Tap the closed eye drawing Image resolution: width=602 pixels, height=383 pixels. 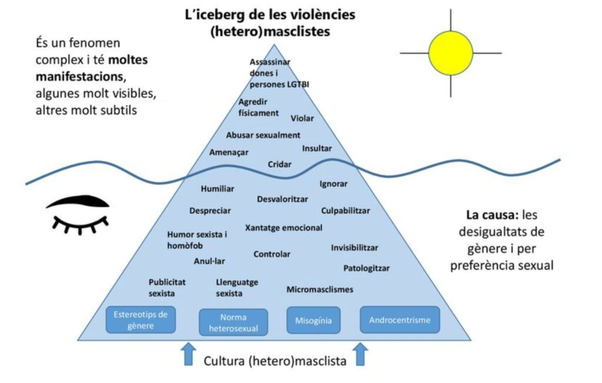click(x=78, y=214)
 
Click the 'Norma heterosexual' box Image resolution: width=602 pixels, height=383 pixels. click(x=233, y=322)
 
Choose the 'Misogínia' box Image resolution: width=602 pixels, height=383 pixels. click(x=313, y=321)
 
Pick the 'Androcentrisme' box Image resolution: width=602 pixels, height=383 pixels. click(x=399, y=320)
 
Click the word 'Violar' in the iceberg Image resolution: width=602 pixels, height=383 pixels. click(x=302, y=119)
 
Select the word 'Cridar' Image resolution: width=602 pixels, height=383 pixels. click(x=279, y=164)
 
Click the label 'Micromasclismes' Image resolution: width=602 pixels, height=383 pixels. click(x=320, y=289)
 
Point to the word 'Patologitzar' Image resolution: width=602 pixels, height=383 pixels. click(x=366, y=268)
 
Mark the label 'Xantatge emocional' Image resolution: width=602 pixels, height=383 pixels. click(x=283, y=227)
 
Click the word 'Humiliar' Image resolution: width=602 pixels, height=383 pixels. click(x=218, y=189)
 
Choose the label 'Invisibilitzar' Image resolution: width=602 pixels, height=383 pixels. click(x=354, y=247)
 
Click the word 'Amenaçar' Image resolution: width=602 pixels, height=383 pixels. click(x=229, y=153)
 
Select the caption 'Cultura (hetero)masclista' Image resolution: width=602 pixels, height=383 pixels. click(x=275, y=360)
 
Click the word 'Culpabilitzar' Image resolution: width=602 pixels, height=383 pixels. click(x=346, y=210)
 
